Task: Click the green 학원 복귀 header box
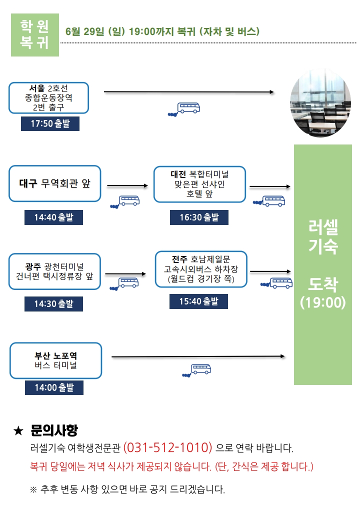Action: click(35, 35)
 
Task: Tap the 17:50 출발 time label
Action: click(50, 123)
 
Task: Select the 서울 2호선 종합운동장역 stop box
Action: click(48, 98)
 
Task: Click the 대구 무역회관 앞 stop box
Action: click(54, 183)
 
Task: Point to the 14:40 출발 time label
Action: click(53, 217)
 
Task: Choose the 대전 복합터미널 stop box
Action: click(199, 184)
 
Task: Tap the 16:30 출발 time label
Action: click(199, 217)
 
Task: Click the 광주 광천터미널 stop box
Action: click(54, 271)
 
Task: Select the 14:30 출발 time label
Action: click(53, 304)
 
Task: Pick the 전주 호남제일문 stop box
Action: click(201, 269)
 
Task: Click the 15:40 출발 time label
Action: click(198, 301)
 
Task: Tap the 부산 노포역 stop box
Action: click(55, 360)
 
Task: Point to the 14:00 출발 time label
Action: click(54, 387)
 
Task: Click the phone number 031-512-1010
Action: click(167, 447)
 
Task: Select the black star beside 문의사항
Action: click(18, 431)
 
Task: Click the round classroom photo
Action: click(320, 103)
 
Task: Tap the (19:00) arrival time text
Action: click(323, 302)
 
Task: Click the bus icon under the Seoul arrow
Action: click(184, 109)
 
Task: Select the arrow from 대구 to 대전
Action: click(127, 185)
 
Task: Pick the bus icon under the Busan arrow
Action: click(197, 370)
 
